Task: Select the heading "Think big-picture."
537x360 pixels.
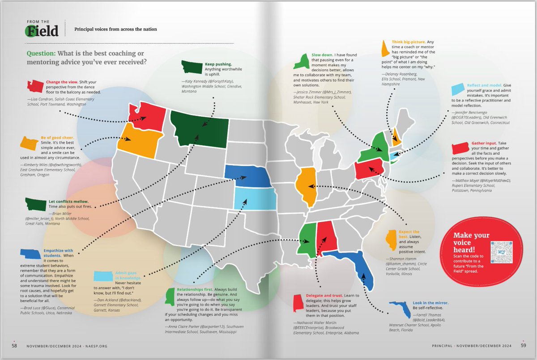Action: click(408, 42)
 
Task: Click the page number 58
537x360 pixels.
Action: click(15, 345)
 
